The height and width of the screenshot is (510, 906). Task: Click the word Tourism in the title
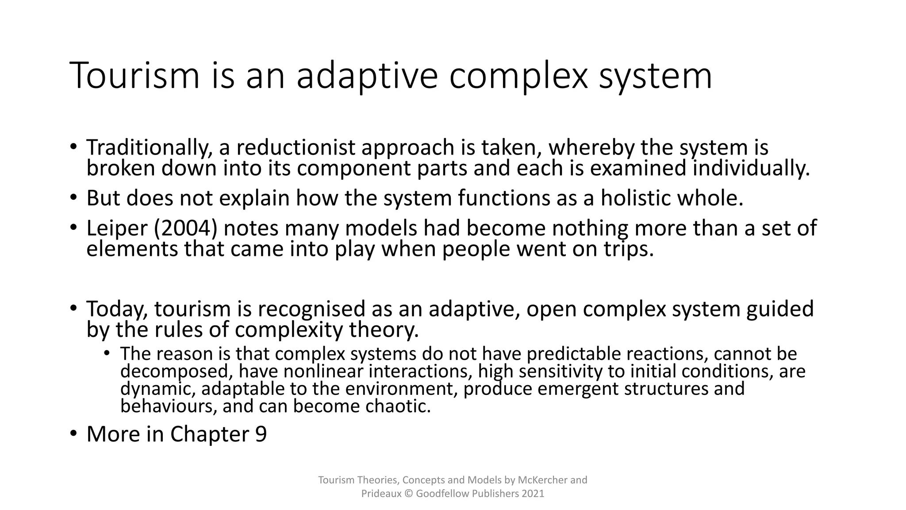pyautogui.click(x=134, y=76)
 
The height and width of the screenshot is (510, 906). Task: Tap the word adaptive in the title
pyautogui.click(x=367, y=76)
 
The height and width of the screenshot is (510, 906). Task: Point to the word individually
pyautogui.click(x=751, y=169)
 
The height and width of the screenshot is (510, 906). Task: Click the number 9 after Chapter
pyautogui.click(x=261, y=434)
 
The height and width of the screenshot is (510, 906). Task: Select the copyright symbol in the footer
pyautogui.click(x=408, y=494)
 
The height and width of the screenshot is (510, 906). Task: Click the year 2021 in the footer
pyautogui.click(x=533, y=494)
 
